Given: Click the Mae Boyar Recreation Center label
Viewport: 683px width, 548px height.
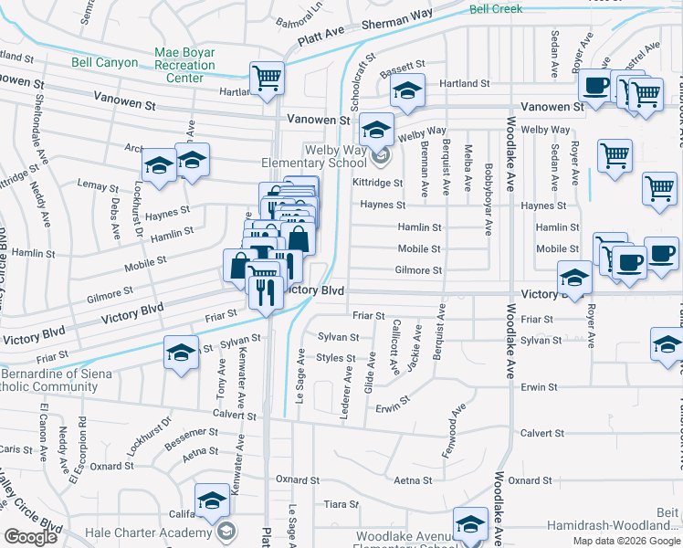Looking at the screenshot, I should click(184, 65).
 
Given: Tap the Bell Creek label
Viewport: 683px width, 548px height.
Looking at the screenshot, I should click(495, 9).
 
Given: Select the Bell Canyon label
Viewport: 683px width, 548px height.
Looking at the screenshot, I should click(105, 63).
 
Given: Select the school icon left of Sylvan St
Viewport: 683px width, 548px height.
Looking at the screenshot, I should click(181, 353).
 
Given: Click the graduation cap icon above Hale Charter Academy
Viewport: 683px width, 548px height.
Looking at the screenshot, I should click(212, 501).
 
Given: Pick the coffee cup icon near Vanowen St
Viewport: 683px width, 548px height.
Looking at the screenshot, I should click(595, 87).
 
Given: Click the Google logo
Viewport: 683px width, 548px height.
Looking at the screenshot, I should click(30, 537).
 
